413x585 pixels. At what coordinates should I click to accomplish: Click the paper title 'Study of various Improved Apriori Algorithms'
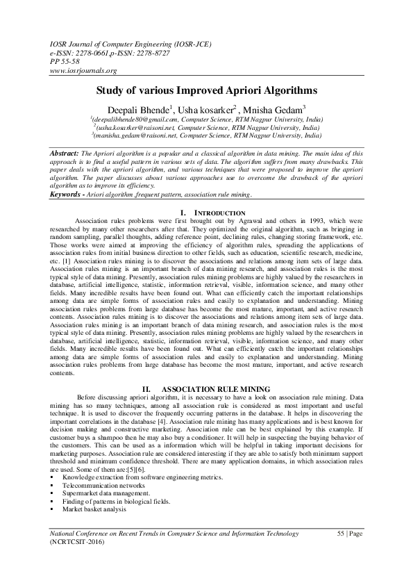coord(206,90)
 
